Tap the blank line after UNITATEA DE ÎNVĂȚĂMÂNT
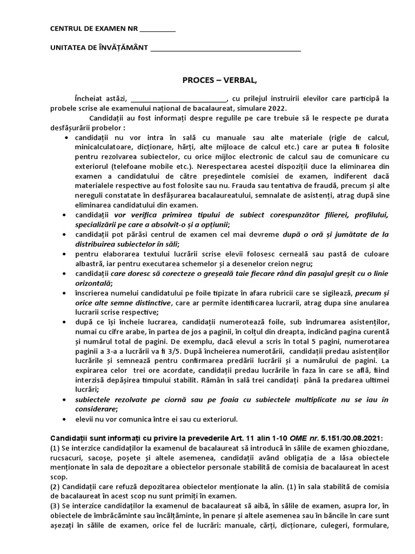coord(225,50)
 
